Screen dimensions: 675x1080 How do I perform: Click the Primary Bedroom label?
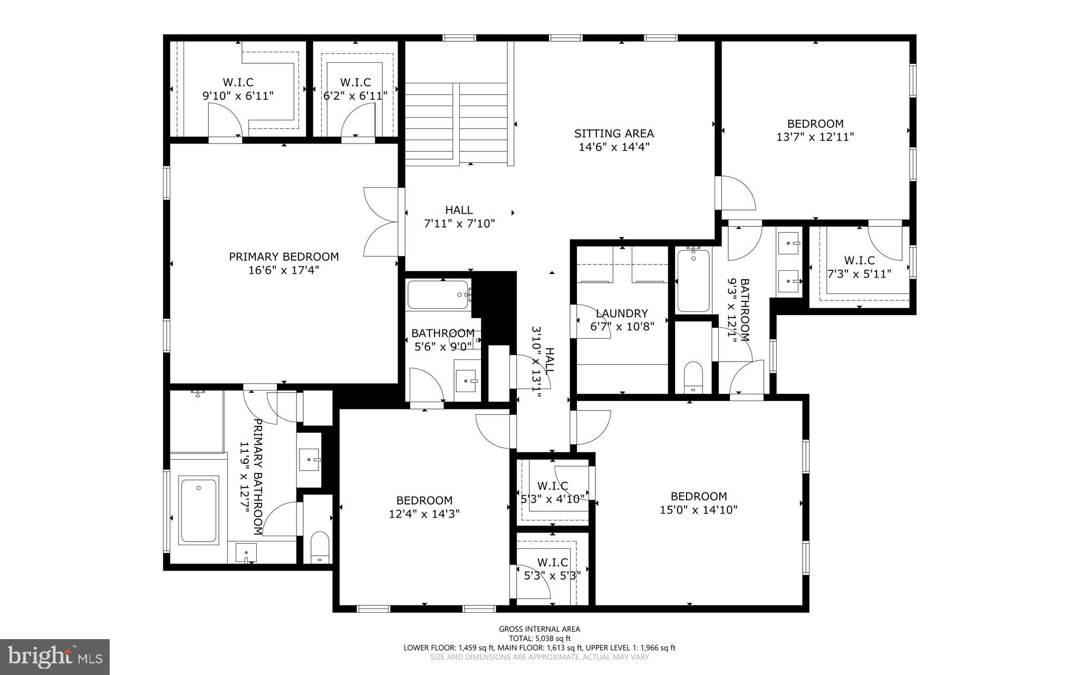click(284, 257)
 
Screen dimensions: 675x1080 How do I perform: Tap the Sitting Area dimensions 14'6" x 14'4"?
click(614, 147)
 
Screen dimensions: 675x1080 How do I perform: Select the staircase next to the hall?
click(456, 124)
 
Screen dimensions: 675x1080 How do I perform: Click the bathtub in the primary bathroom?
click(198, 510)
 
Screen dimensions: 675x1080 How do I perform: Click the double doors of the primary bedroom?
click(381, 222)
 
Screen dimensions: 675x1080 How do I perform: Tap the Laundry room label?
click(622, 313)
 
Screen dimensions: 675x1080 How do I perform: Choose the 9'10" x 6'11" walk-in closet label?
click(238, 89)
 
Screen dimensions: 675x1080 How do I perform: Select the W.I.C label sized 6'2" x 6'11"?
click(355, 89)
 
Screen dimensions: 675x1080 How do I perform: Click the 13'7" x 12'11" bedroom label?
click(815, 130)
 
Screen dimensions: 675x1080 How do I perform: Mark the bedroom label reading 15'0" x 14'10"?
click(698, 503)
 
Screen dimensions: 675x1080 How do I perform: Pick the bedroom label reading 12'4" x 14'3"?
click(424, 507)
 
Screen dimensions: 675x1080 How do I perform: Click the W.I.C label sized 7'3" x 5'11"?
click(859, 267)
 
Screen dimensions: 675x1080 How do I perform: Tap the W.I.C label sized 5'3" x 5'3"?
click(552, 569)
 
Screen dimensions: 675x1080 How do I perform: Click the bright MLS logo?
click(55, 657)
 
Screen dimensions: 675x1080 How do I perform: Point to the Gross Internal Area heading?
click(539, 629)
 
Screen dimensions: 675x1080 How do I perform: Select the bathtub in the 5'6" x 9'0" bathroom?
click(438, 294)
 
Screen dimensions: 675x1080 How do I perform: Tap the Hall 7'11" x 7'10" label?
click(459, 217)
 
